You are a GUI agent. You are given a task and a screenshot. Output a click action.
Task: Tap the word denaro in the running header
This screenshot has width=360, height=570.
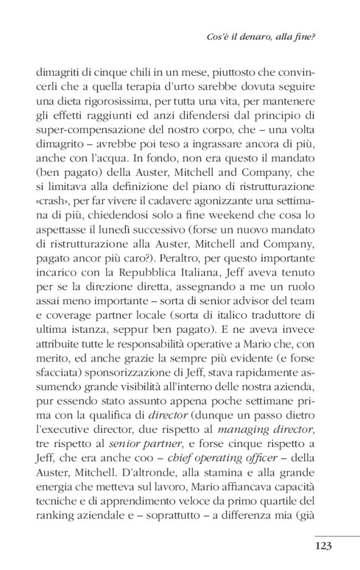[x=259, y=37]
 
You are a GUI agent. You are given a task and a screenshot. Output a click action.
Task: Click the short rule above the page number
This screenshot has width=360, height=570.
[x=337, y=536]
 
